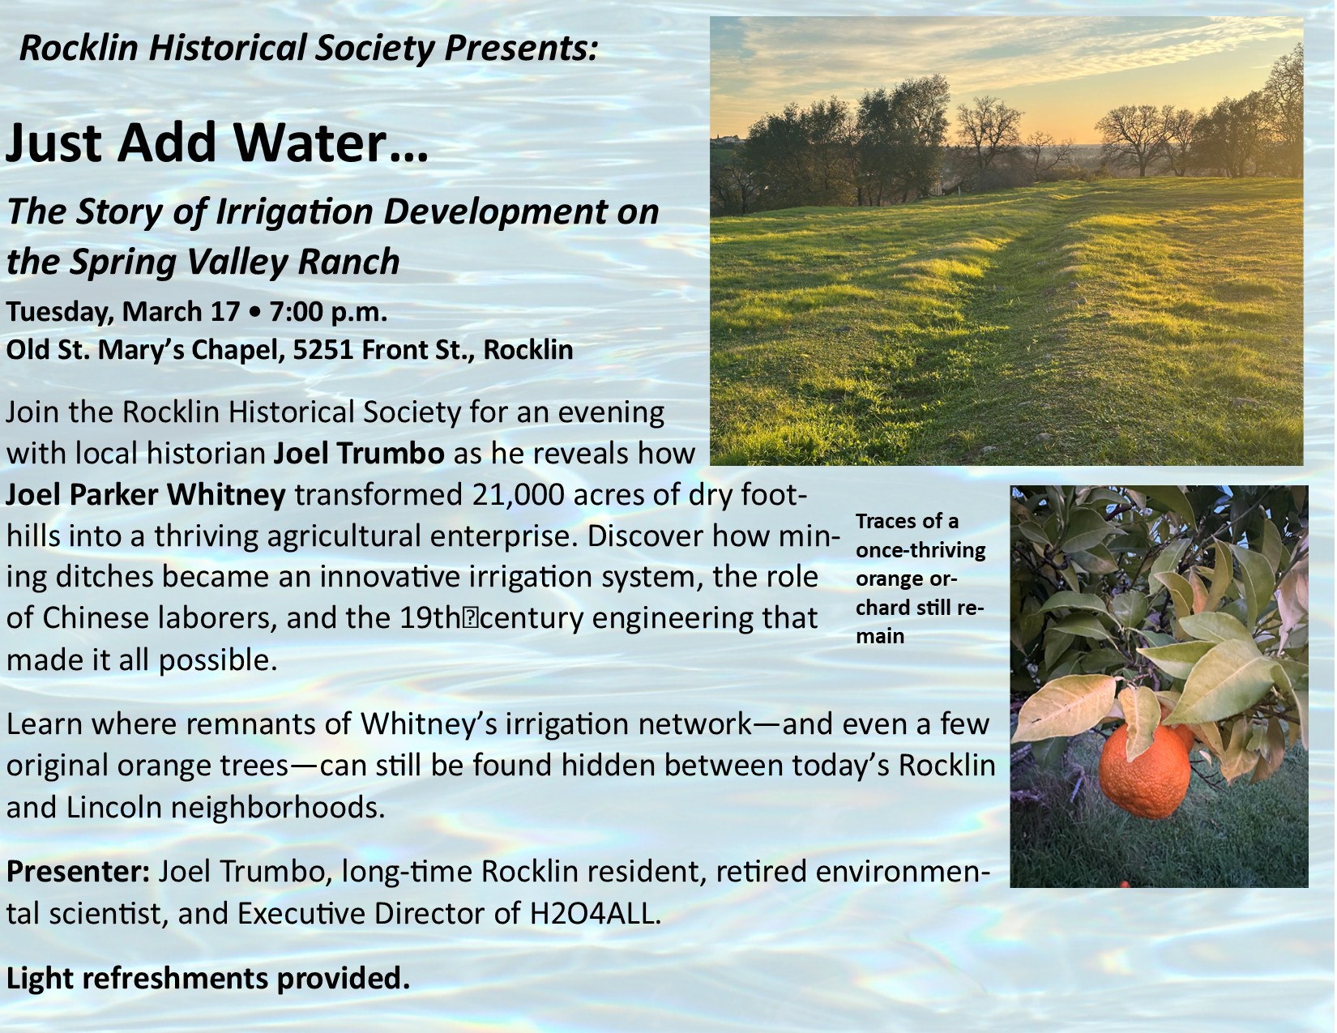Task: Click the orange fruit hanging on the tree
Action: click(x=1144, y=772)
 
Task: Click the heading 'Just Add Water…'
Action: click(x=216, y=142)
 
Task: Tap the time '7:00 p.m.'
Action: click(x=328, y=311)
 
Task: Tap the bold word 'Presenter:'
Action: click(x=78, y=872)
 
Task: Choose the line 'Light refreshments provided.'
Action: click(x=208, y=978)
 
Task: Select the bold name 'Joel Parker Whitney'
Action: click(x=146, y=495)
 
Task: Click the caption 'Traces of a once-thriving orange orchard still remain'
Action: click(x=921, y=578)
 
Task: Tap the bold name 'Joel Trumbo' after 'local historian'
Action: click(x=359, y=454)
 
